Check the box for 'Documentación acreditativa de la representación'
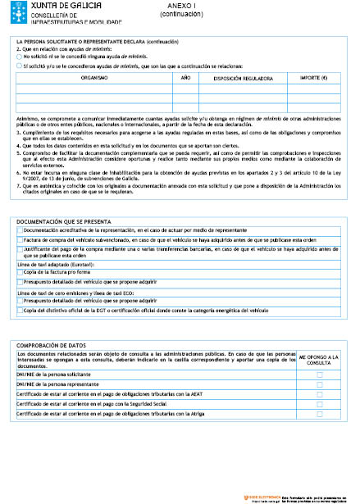click(x=21, y=231)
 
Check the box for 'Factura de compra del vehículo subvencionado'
click(x=21, y=239)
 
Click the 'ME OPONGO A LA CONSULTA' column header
click(x=319, y=361)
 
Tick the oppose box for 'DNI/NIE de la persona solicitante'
click(x=320, y=374)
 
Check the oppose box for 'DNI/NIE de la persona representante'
click(x=320, y=384)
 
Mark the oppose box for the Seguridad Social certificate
click(x=320, y=403)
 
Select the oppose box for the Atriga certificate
click(x=320, y=413)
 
